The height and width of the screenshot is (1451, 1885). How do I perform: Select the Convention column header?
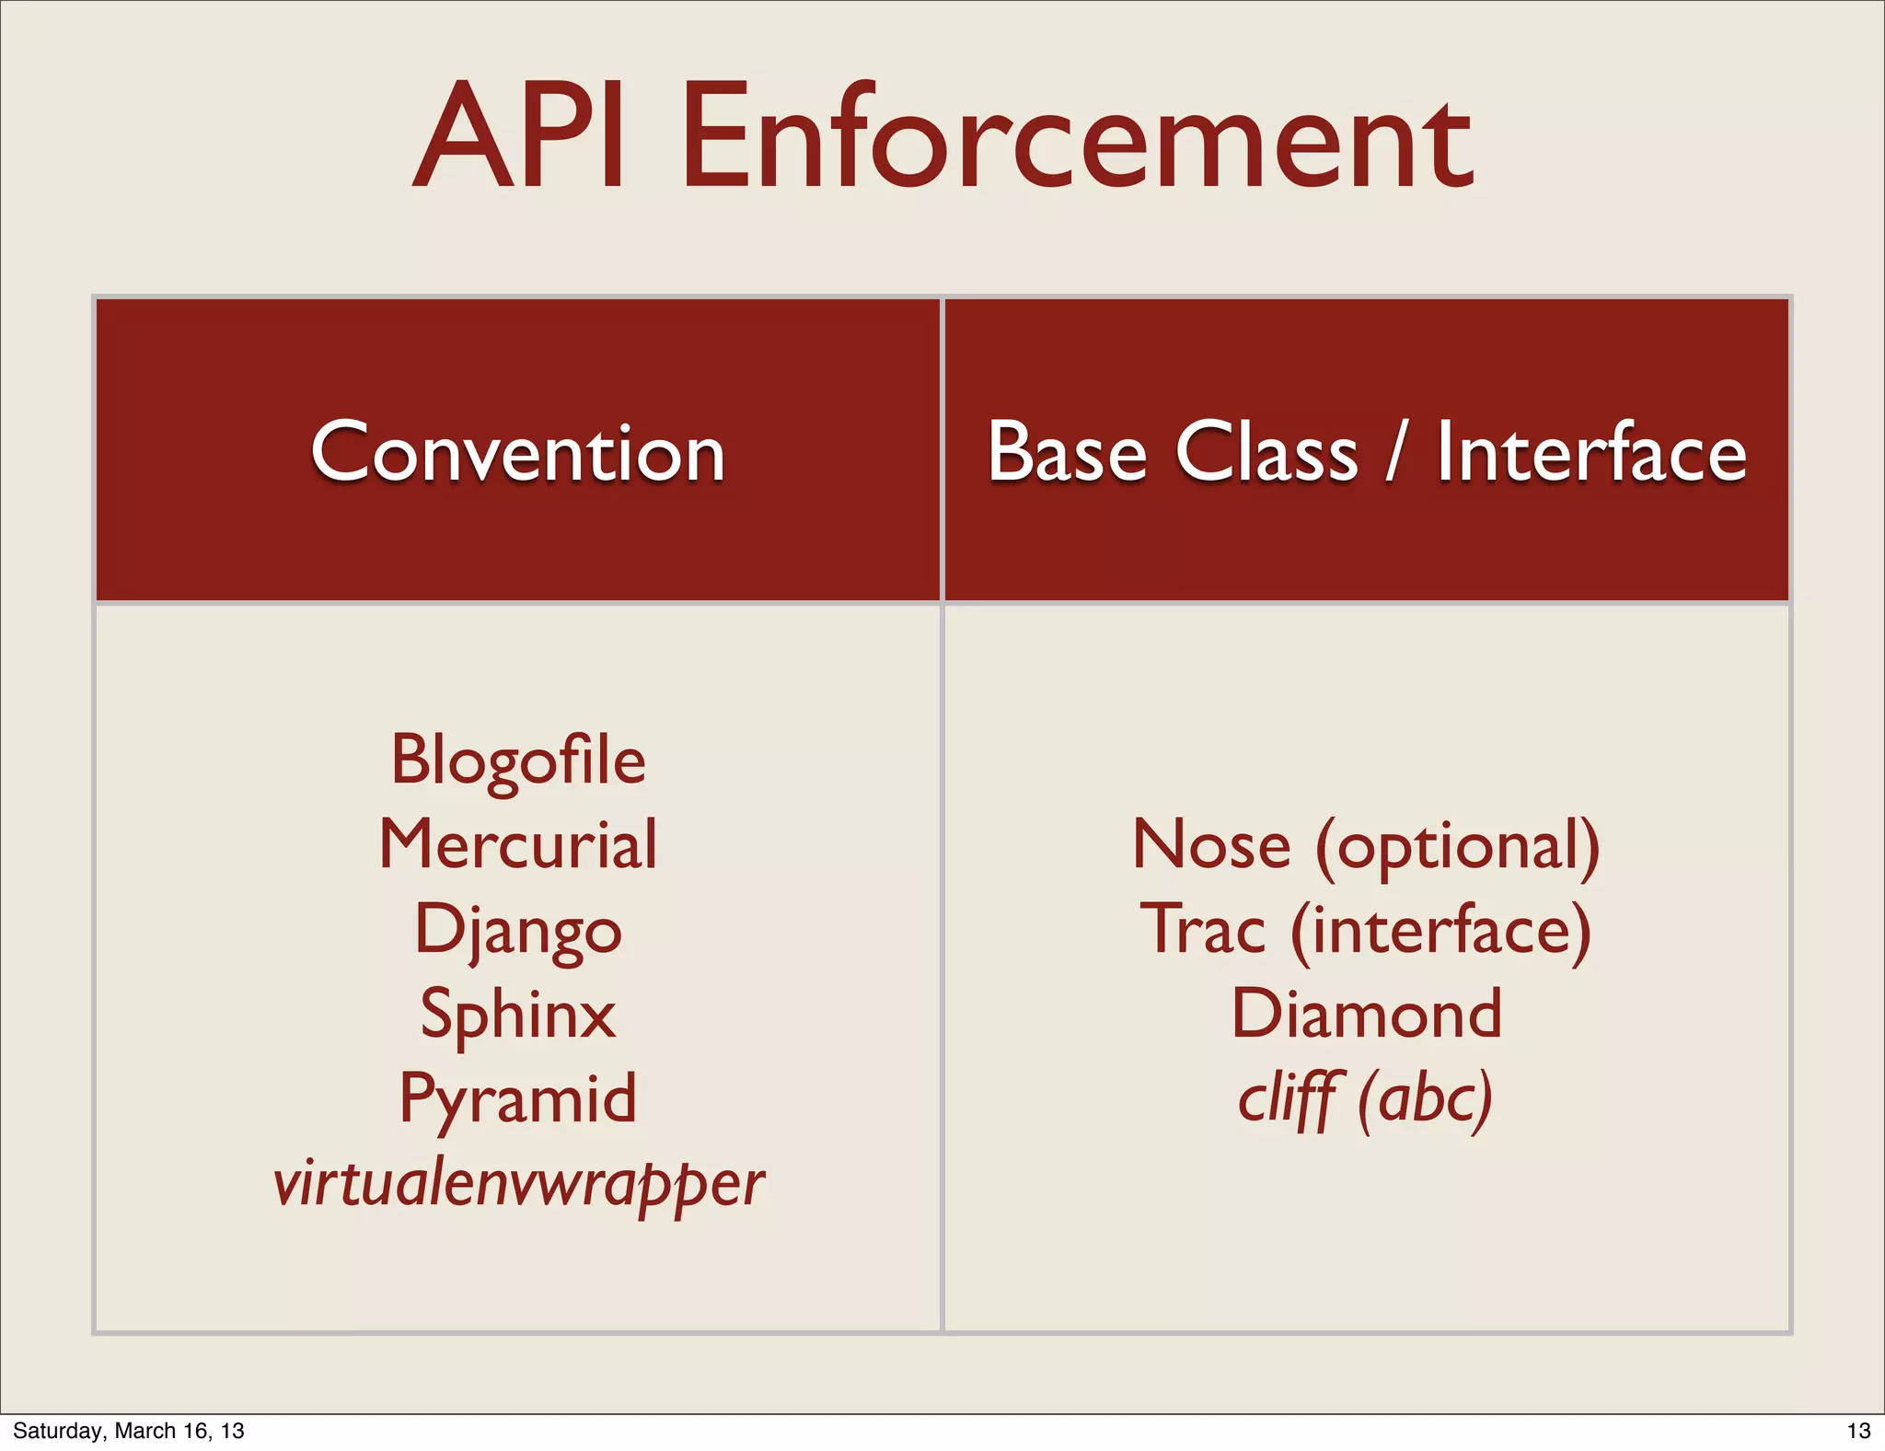[518, 452]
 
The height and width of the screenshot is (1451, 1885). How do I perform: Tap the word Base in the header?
[1067, 452]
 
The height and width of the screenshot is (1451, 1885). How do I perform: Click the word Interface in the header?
[1591, 452]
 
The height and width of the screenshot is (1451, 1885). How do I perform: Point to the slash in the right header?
[1397, 452]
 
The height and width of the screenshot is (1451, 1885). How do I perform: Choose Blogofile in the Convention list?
[518, 760]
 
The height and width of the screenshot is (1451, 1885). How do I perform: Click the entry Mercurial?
[518, 844]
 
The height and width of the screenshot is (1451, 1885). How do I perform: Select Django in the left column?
[518, 930]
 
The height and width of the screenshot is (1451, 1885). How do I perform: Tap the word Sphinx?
[518, 1014]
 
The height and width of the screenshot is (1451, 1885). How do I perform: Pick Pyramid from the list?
[518, 1098]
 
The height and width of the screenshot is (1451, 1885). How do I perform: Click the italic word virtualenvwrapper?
[518, 1184]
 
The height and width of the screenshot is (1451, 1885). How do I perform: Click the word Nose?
[1212, 845]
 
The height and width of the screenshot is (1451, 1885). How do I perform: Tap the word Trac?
[1203, 930]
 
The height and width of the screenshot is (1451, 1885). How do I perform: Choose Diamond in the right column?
[1367, 1014]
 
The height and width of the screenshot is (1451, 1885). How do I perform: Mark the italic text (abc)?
[1425, 1099]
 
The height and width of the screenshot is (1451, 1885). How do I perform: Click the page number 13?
[1858, 1431]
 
